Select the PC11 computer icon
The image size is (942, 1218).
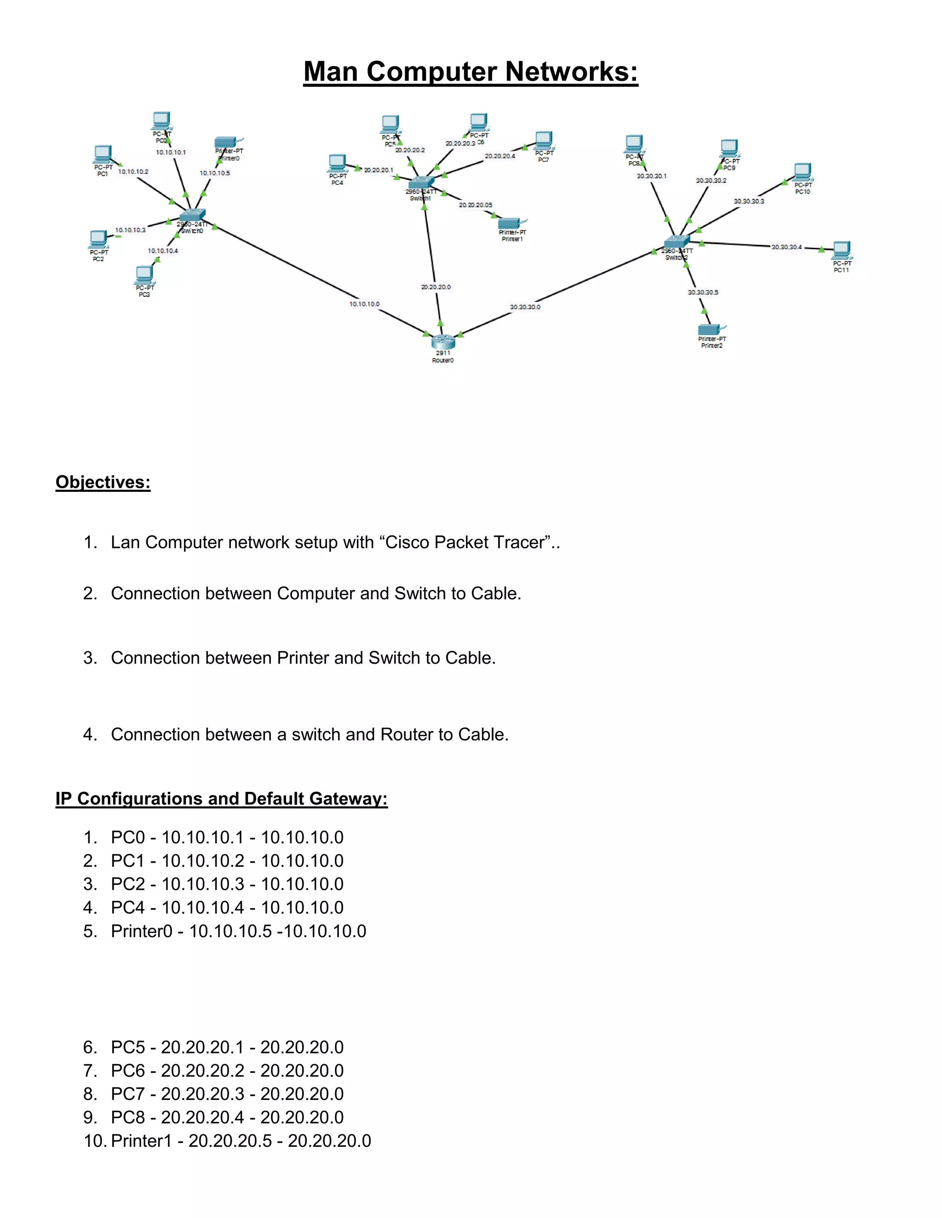point(842,250)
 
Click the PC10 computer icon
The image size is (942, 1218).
point(803,172)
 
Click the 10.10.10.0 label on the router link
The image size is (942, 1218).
point(364,304)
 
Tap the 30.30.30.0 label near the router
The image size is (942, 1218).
point(525,307)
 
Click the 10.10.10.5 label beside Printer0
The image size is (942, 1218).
point(215,173)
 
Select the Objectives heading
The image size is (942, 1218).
point(103,482)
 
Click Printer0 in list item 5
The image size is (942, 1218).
point(142,931)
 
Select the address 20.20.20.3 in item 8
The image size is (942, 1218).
point(202,1094)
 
